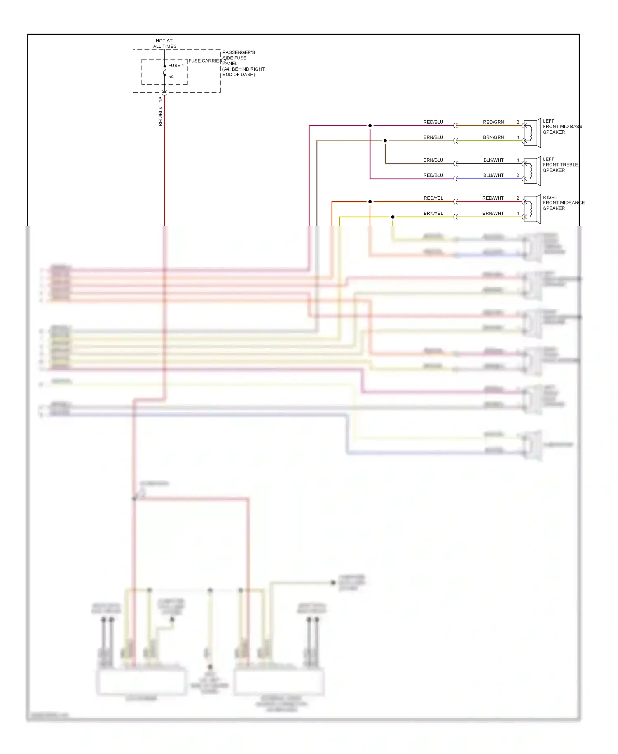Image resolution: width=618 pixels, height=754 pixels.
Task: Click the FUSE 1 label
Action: [176, 66]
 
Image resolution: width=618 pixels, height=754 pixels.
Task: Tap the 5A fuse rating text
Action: [171, 77]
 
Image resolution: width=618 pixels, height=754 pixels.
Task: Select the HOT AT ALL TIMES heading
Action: [164, 43]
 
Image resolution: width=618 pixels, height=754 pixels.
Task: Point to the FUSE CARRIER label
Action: [205, 61]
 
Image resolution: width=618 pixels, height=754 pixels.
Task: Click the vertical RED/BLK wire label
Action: [160, 116]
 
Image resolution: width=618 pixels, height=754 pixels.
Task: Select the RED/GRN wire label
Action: [493, 122]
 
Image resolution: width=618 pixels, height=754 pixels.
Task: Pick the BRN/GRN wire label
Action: [493, 137]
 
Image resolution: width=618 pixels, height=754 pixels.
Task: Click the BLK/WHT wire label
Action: [493, 160]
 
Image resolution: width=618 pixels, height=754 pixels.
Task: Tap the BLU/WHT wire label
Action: [493, 175]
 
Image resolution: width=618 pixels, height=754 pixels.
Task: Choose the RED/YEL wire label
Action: [433, 198]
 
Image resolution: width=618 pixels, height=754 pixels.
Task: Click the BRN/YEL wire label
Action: [433, 213]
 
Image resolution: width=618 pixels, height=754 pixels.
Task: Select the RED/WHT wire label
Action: [493, 198]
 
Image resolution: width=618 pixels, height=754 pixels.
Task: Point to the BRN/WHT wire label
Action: [493, 213]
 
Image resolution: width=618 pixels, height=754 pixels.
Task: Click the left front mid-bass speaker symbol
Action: [532, 133]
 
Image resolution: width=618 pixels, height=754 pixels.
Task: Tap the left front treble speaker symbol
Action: [532, 171]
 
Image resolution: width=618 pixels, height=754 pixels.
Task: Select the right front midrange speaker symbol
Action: [532, 209]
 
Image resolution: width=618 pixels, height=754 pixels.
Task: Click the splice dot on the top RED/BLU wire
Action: [370, 125]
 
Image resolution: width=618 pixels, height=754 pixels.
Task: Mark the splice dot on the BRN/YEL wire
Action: [393, 217]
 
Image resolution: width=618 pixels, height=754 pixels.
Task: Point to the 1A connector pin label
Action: [160, 99]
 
